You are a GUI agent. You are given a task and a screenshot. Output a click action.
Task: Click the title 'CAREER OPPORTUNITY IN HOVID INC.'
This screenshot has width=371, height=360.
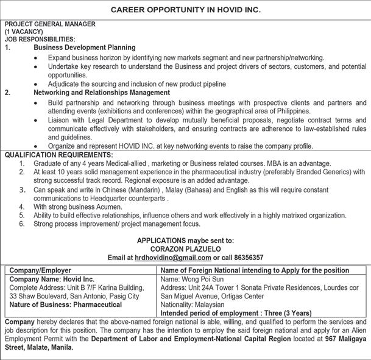(186, 10)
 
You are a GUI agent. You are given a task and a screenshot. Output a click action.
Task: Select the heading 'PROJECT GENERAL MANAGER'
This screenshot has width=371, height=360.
(50, 24)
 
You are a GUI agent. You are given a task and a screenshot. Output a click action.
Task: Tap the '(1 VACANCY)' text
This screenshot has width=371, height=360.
(24, 31)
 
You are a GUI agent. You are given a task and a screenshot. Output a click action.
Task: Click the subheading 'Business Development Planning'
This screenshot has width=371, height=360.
(85, 47)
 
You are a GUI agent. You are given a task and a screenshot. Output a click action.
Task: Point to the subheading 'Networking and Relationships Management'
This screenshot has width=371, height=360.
(102, 93)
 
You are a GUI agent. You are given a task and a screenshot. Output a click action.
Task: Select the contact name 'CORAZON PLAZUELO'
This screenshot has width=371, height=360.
(185, 249)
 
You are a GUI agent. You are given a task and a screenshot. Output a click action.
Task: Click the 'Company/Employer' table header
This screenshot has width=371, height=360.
(41, 270)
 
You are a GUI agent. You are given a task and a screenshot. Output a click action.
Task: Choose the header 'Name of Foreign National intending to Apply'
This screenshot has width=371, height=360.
(238, 270)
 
